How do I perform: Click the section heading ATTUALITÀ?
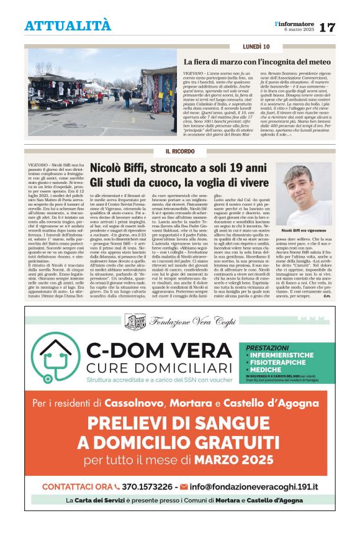click(x=68, y=25)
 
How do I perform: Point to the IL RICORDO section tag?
click(x=180, y=152)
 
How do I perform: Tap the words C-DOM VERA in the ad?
click(x=161, y=351)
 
